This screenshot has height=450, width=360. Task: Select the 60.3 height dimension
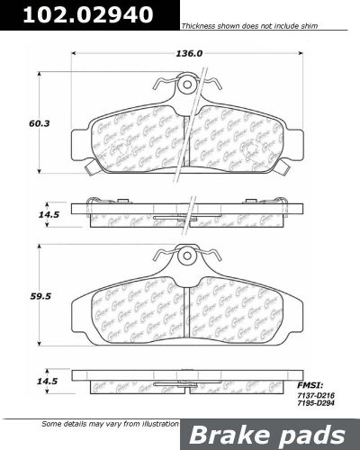(x=40, y=122)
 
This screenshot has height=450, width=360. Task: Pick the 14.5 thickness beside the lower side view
(x=40, y=378)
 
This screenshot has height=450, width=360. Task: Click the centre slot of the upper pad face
(x=186, y=135)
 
